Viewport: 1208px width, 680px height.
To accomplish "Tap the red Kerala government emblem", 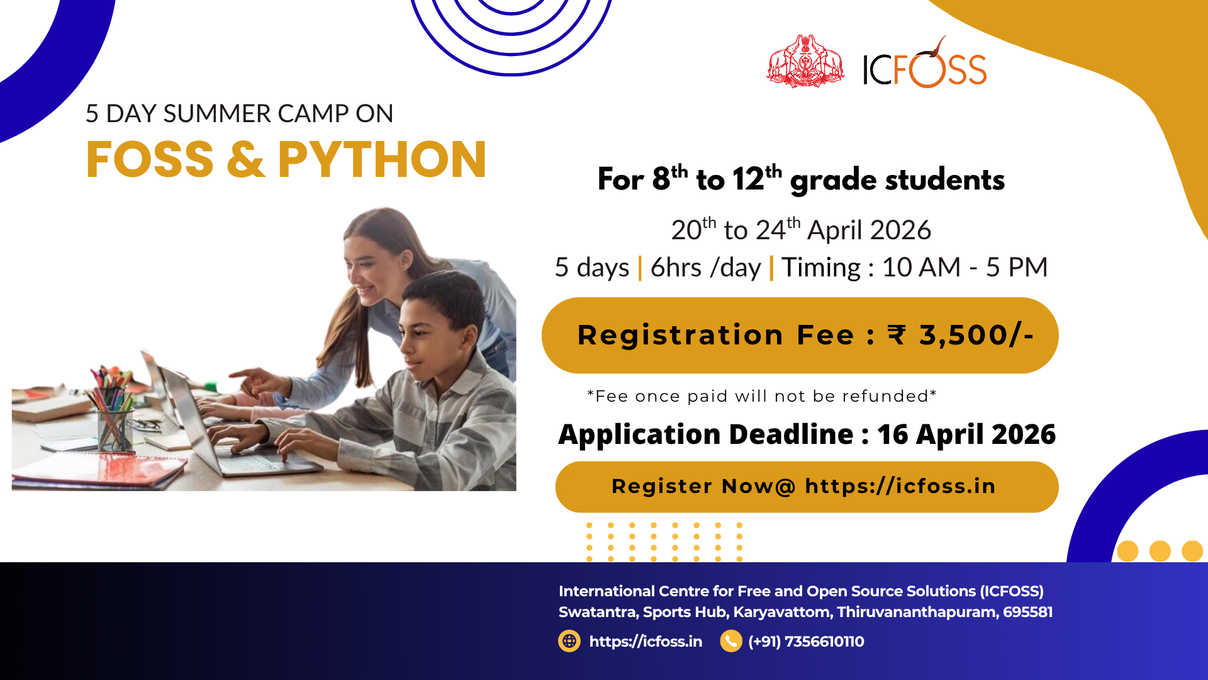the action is coord(805,61).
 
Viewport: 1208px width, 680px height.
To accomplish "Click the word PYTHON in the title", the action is coord(382,159).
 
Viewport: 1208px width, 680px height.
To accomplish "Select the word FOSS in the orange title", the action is coord(150,159).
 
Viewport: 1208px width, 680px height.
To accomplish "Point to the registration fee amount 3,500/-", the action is coord(976,335).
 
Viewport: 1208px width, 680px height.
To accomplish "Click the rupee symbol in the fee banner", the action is coord(897,334).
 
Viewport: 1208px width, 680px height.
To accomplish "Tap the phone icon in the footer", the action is coord(731,641).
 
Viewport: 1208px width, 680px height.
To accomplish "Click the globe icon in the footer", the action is coord(569,641).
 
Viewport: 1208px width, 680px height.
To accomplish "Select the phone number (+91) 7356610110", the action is coord(806,642).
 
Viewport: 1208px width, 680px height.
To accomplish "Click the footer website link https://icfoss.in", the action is coord(646,642).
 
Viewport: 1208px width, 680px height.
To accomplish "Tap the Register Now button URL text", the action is coord(900,486).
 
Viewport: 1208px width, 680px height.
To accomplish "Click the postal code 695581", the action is coord(1027,612).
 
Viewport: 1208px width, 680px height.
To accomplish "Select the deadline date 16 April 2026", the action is coord(966,434).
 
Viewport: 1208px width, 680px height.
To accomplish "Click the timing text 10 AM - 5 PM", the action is coord(965,267).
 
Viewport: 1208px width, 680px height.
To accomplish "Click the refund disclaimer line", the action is coord(762,396).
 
